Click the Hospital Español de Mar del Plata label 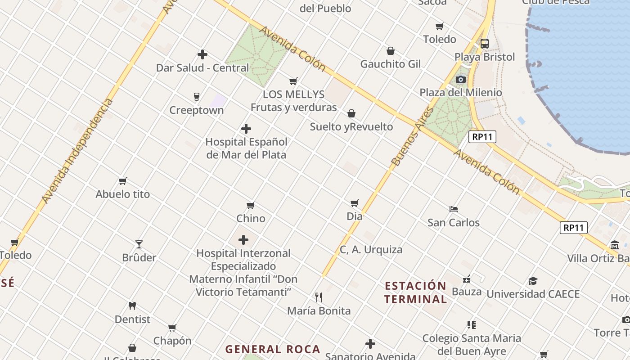point(246,148)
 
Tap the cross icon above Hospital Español point(246,129)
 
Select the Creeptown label point(196,110)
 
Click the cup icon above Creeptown point(196,96)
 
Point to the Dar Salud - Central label point(202,68)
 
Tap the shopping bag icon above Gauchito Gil point(391,51)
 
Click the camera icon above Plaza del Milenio point(460,80)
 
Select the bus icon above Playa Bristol point(485,44)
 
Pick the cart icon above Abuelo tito point(123,181)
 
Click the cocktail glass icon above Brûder point(139,244)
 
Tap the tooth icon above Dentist point(132,306)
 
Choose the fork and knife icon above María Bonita point(319,297)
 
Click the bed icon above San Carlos point(454,209)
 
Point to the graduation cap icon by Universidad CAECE point(533,281)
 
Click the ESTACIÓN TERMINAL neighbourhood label point(415,292)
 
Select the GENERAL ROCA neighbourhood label point(273,349)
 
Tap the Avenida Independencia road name point(77,151)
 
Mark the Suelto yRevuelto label point(351,127)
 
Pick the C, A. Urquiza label point(371,250)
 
